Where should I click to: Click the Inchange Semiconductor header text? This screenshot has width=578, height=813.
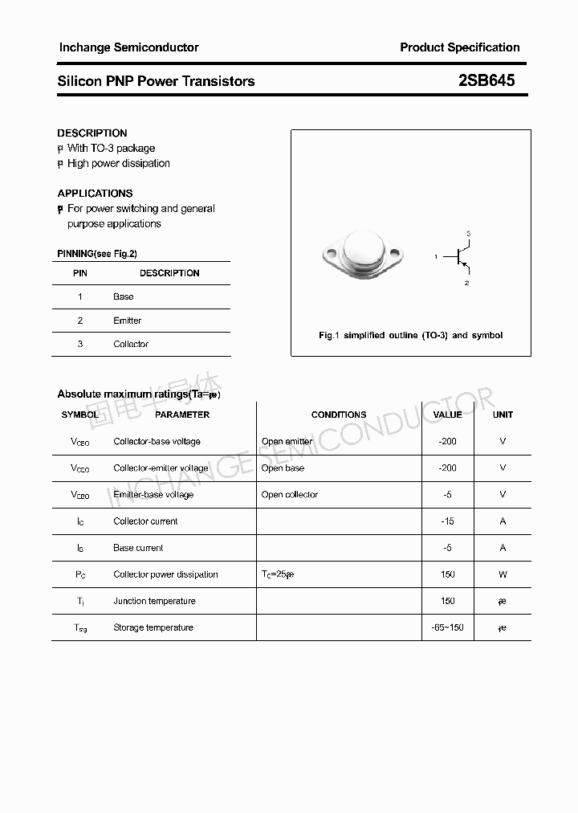click(x=128, y=47)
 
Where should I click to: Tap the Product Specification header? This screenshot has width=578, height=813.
click(x=459, y=47)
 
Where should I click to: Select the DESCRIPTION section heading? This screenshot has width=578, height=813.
click(x=92, y=133)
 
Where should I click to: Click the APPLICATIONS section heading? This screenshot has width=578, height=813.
click(x=95, y=194)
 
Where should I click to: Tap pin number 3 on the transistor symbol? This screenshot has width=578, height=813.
click(x=468, y=234)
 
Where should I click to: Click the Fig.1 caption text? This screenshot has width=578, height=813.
click(x=410, y=335)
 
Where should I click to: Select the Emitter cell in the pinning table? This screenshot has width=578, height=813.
click(x=127, y=321)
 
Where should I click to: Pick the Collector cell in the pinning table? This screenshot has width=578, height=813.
click(x=131, y=344)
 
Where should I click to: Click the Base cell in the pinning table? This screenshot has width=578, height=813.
click(x=124, y=296)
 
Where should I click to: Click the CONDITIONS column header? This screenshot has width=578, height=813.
click(x=338, y=415)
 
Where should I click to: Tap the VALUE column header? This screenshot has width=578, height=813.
click(x=447, y=415)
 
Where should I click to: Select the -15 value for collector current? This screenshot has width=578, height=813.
click(x=447, y=521)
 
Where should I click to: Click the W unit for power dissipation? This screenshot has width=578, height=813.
click(x=503, y=574)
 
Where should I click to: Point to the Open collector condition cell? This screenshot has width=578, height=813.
click(x=290, y=495)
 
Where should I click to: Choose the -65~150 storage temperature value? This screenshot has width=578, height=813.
click(x=447, y=627)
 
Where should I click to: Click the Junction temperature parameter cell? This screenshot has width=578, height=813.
click(x=154, y=601)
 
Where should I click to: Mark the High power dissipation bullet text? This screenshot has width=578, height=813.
click(x=118, y=163)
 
